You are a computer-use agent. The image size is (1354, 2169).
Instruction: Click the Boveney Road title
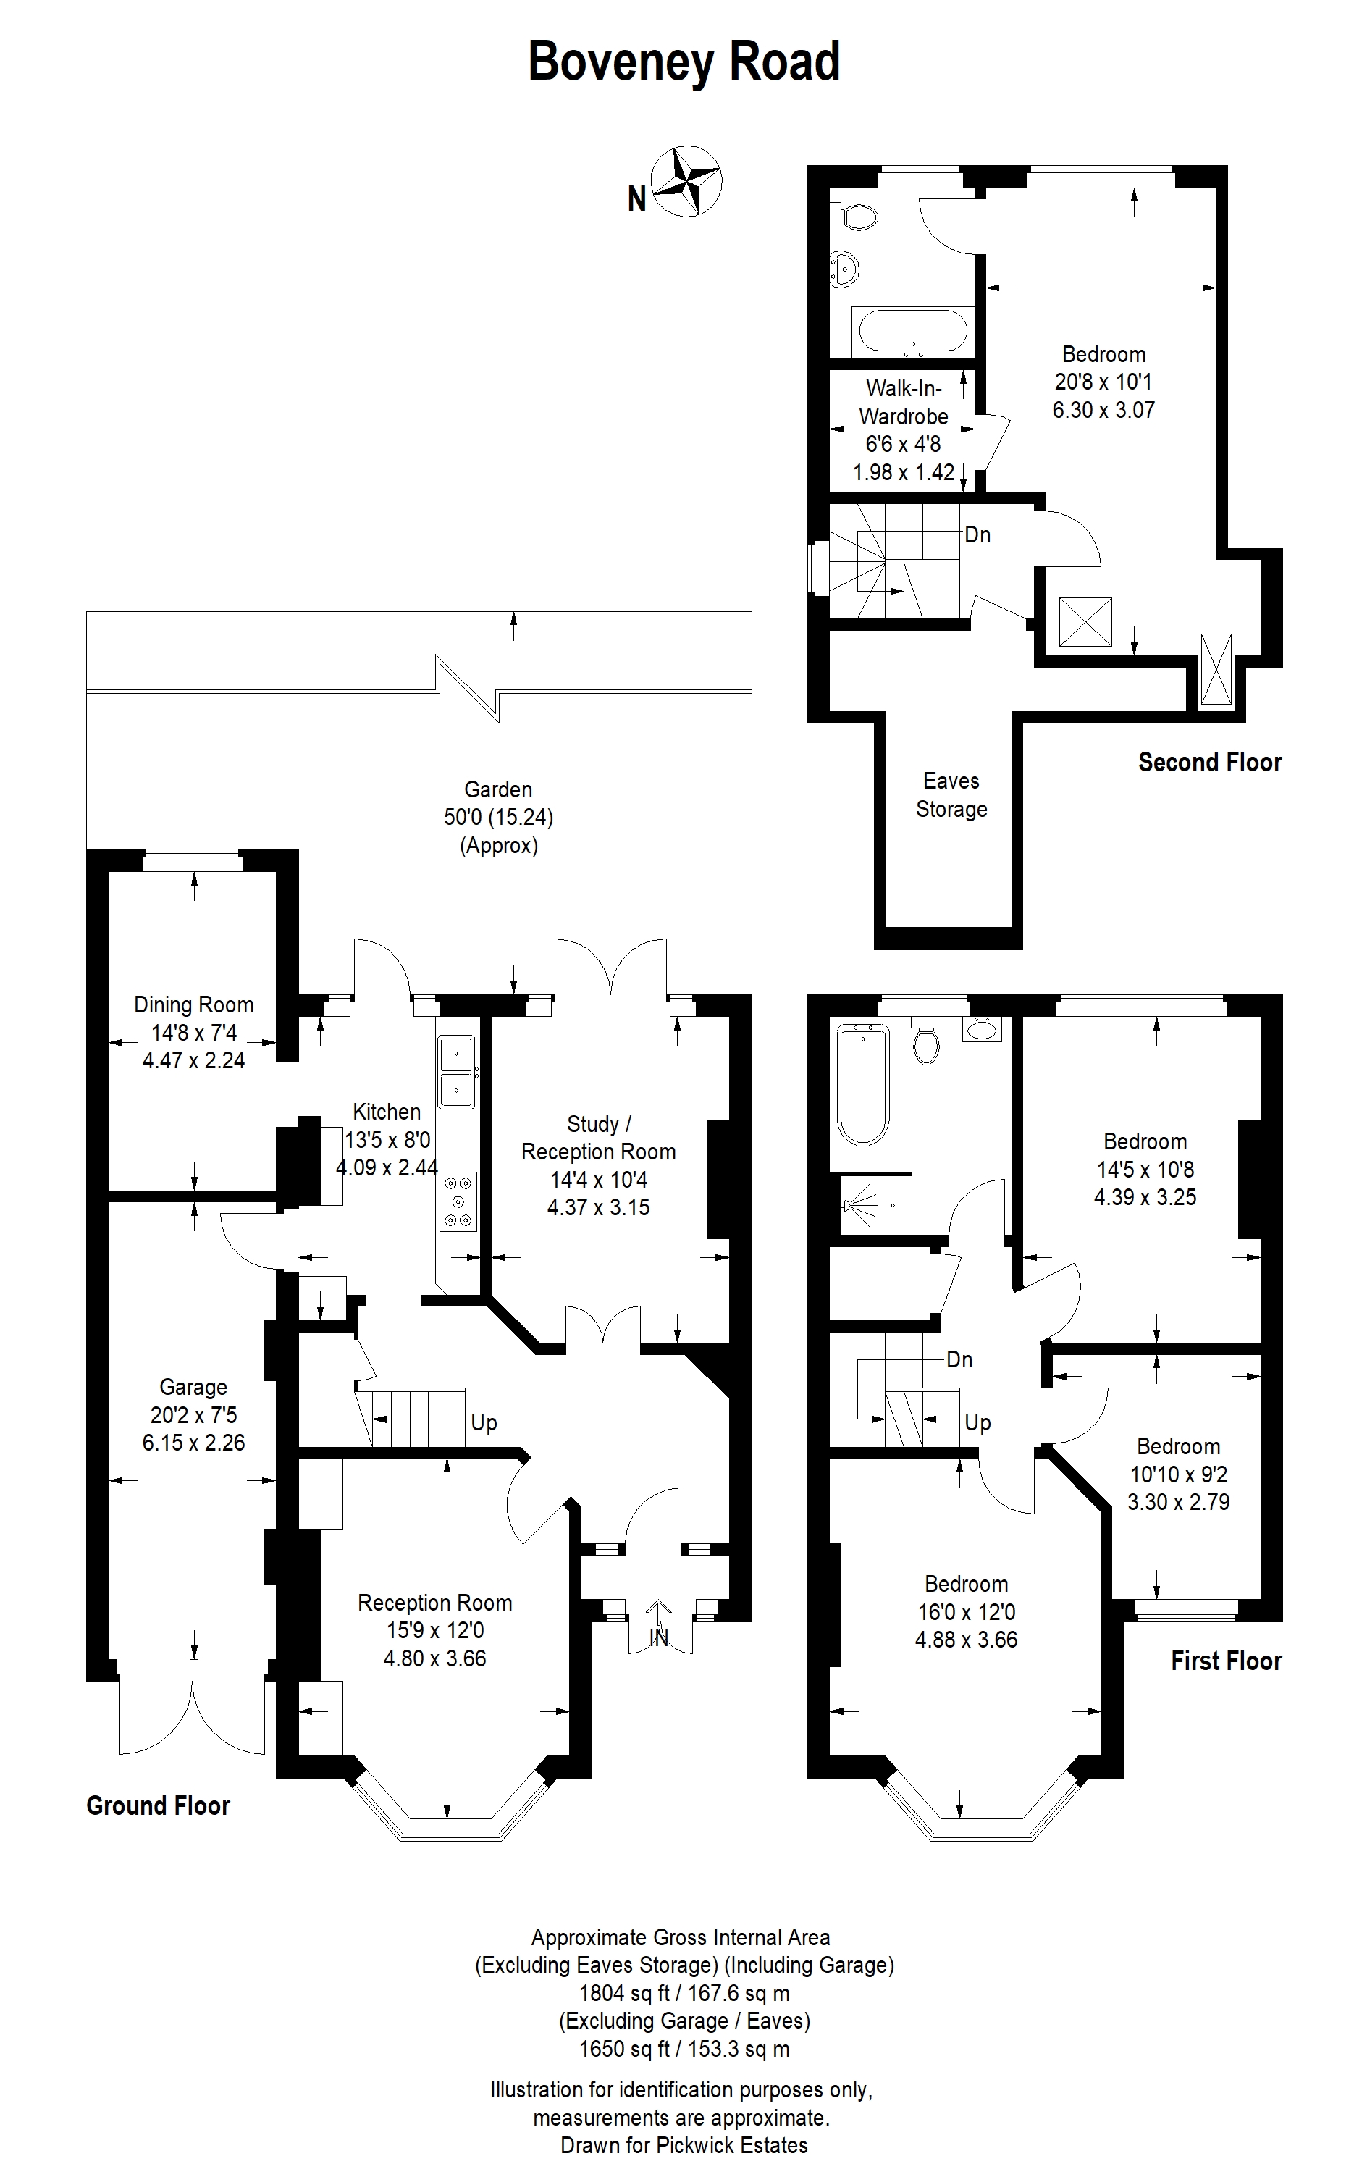684,62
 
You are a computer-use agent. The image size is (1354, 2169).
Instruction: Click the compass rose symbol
686,181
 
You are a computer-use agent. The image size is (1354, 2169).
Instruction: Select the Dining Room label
193,1004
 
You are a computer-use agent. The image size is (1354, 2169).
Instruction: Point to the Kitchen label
387,1112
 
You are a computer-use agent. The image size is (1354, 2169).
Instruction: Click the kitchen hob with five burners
458,1201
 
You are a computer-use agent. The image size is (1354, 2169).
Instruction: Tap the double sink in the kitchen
458,1072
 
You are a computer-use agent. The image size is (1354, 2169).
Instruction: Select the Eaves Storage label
951,794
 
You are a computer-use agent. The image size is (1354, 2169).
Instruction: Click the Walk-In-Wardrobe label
904,402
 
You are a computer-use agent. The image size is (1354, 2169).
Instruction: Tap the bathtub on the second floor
912,332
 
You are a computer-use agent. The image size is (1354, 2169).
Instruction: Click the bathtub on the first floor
862,1086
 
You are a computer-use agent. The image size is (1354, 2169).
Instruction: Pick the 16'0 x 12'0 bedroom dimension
966,1612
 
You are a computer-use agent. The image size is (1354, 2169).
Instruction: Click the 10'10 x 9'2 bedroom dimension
1179,1474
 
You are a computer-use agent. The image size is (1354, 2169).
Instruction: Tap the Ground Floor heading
159,1805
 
